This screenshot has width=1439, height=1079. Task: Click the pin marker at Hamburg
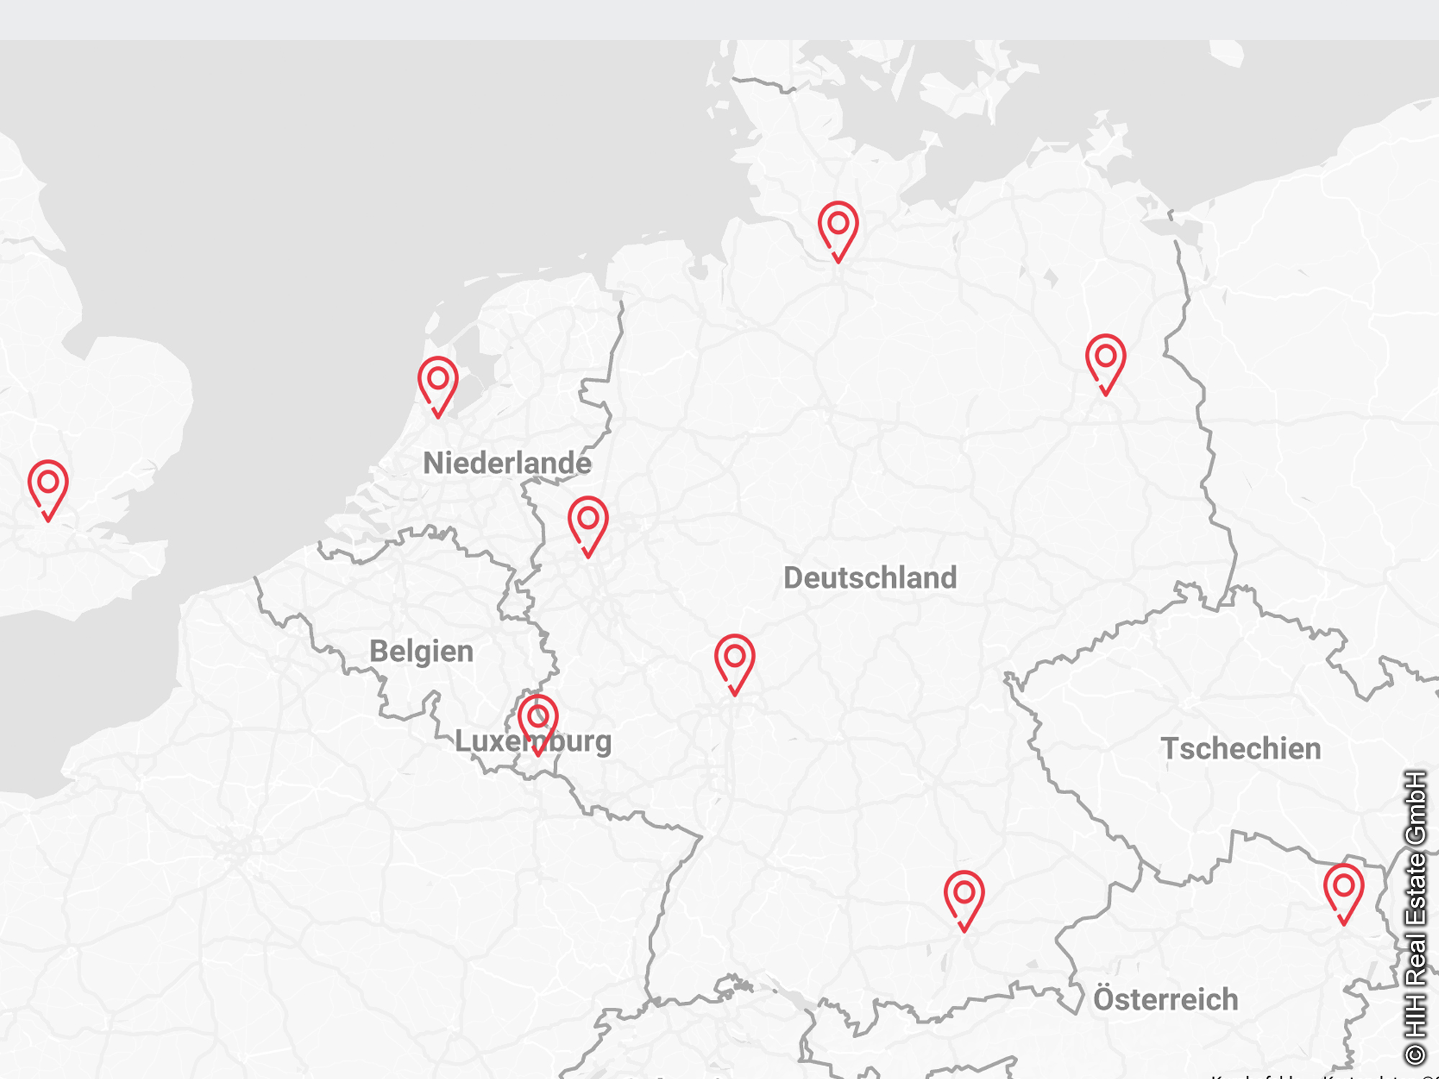(838, 226)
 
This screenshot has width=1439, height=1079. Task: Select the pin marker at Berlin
(1106, 359)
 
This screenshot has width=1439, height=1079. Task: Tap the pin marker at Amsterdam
(438, 381)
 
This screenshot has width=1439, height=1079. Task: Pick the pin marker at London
(48, 485)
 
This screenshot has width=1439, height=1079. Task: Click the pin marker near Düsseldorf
(588, 521)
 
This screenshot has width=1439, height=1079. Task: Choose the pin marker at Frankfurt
(735, 659)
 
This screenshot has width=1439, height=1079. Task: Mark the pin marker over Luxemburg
(538, 719)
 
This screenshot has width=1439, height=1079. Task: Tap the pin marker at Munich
(964, 896)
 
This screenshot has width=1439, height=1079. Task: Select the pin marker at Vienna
(1343, 889)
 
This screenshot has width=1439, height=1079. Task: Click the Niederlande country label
(507, 463)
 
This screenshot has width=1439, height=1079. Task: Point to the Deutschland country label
(870, 578)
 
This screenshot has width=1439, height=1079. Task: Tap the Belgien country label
(422, 651)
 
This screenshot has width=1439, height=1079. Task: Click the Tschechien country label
(1240, 749)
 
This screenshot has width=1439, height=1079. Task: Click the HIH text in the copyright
(1415, 1016)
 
